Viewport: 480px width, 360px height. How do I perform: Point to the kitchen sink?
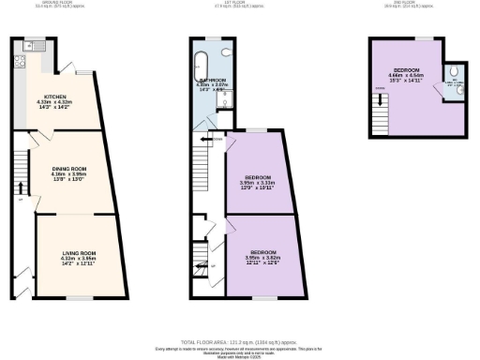[x=35, y=45]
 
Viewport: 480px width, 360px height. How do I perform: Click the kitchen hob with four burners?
[x=18, y=63]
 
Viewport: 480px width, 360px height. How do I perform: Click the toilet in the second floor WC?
[x=453, y=71]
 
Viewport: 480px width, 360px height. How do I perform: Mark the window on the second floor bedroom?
[x=426, y=38]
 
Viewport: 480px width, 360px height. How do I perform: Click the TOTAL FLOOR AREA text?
[x=239, y=342]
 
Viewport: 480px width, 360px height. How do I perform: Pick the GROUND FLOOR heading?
[x=67, y=3]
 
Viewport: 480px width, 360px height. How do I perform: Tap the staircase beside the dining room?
[x=20, y=169]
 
